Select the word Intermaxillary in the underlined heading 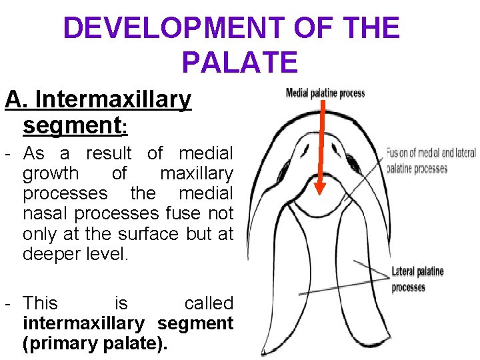pos(113,100)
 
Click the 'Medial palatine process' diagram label pos(325,93)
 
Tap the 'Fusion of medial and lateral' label pos(431,153)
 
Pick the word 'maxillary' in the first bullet pos(197,174)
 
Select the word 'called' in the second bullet pos(209,303)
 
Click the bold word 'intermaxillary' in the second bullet pos(83,324)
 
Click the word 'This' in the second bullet pos(40,303)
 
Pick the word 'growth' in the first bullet pos(51,174)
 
